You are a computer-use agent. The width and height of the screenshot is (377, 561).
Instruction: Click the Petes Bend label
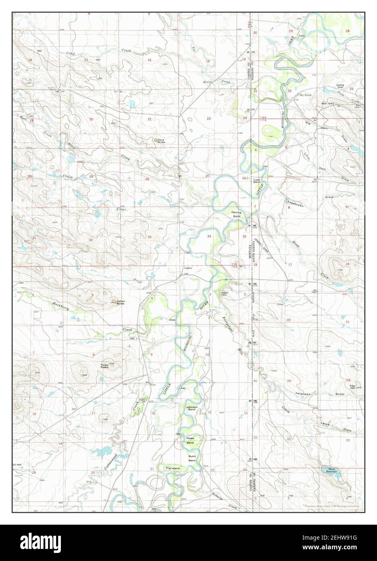(190, 440)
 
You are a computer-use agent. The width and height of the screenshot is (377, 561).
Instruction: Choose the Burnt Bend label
(192, 458)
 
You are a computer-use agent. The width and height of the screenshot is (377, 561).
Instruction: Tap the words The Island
(172, 468)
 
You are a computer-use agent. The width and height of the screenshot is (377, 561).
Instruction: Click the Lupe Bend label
(256, 181)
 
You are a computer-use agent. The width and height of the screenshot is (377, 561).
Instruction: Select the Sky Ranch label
(306, 95)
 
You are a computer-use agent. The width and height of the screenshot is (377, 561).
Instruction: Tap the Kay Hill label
(352, 386)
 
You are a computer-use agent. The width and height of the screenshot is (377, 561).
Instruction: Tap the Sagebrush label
(293, 203)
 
